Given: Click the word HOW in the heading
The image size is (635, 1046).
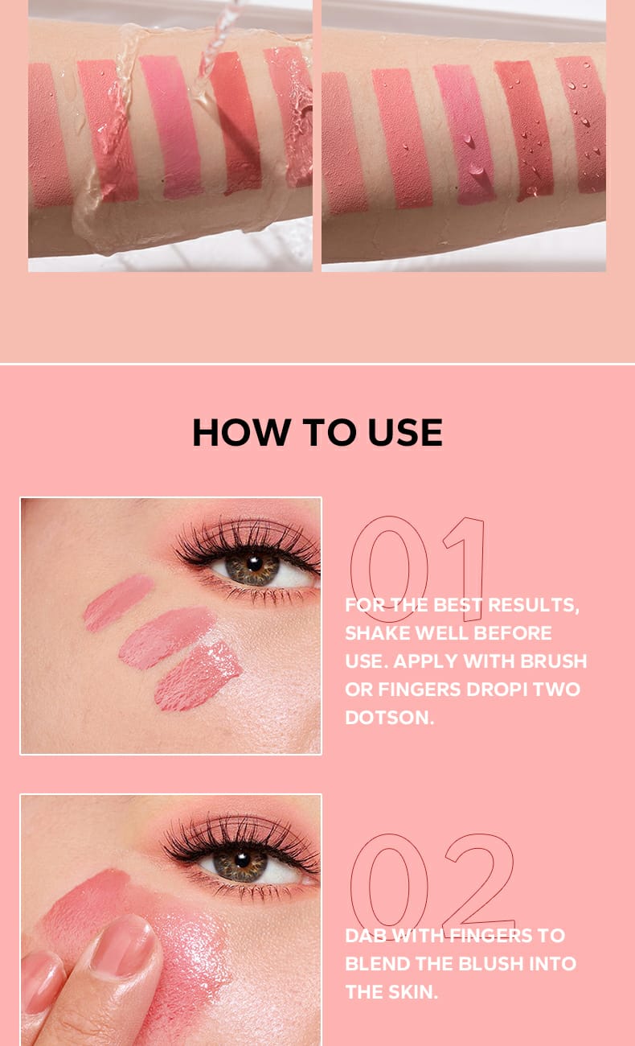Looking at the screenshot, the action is [x=241, y=432].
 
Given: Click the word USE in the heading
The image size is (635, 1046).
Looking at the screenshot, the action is [x=405, y=432].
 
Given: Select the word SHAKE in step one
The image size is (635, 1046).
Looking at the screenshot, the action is [x=377, y=633].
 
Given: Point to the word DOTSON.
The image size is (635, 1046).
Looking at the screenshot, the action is [x=389, y=718].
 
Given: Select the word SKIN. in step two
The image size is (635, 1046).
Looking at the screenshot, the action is [x=408, y=992].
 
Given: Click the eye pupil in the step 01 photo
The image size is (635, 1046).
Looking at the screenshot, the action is [x=254, y=563].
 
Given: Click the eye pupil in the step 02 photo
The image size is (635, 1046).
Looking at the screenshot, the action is [x=242, y=859].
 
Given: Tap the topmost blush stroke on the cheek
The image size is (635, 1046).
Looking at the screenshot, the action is [x=118, y=603].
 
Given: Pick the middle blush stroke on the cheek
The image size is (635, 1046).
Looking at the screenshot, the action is [x=166, y=637].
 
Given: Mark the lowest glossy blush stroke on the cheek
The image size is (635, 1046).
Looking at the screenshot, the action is [x=199, y=676].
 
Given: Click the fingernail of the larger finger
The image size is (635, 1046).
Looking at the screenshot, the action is [x=123, y=945].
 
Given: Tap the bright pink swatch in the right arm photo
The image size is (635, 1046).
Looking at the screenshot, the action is [x=465, y=134].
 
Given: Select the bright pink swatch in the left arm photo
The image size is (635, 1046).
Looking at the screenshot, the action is [x=171, y=126].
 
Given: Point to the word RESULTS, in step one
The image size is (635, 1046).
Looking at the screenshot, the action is [x=533, y=605].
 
